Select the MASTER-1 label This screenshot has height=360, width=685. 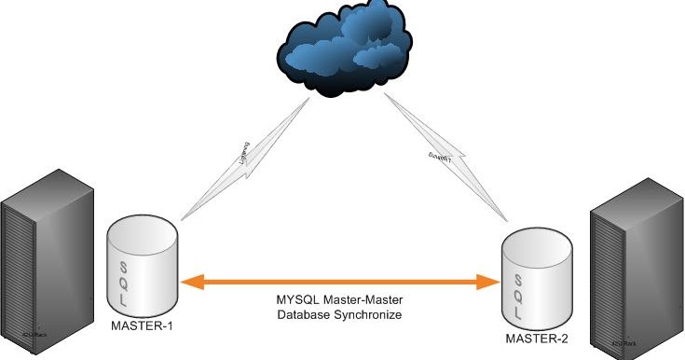tap(141, 325)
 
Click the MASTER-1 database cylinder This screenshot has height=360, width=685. tap(142, 265)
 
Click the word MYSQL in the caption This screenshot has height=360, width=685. tap(296, 299)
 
